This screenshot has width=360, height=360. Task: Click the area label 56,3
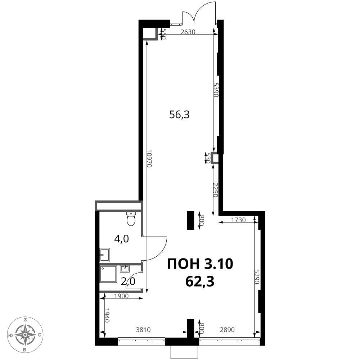click(179, 114)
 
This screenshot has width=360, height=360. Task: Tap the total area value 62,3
click(200, 281)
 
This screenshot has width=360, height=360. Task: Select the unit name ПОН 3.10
click(200, 264)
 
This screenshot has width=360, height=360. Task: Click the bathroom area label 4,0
click(122, 239)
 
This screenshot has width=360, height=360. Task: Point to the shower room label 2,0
click(128, 281)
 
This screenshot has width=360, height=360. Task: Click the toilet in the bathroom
click(131, 219)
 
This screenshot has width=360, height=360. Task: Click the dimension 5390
click(216, 90)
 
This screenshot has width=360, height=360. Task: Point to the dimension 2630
click(188, 32)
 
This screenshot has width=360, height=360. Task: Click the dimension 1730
click(238, 220)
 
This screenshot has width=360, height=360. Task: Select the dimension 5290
click(257, 277)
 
